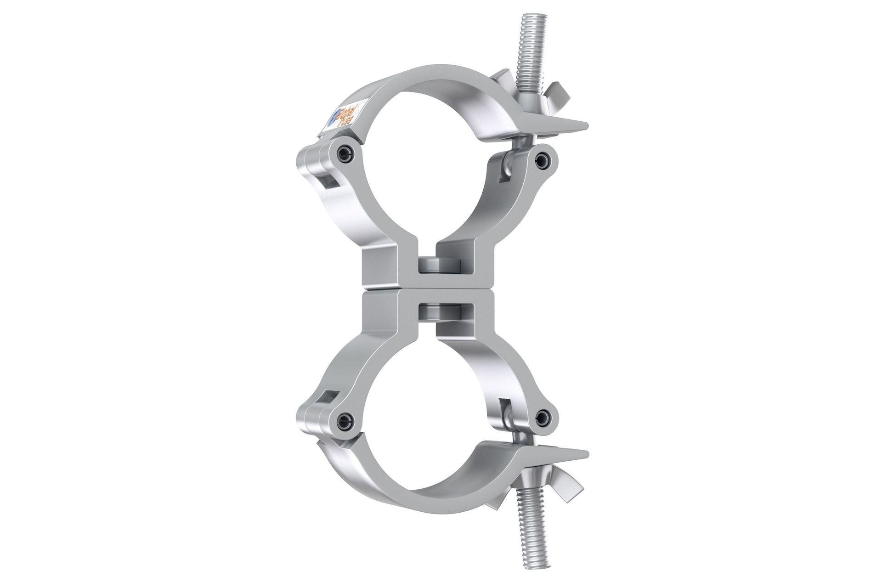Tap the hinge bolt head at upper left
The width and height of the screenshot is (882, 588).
click(x=345, y=154)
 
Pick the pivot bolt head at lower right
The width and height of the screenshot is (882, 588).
click(x=543, y=417)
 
